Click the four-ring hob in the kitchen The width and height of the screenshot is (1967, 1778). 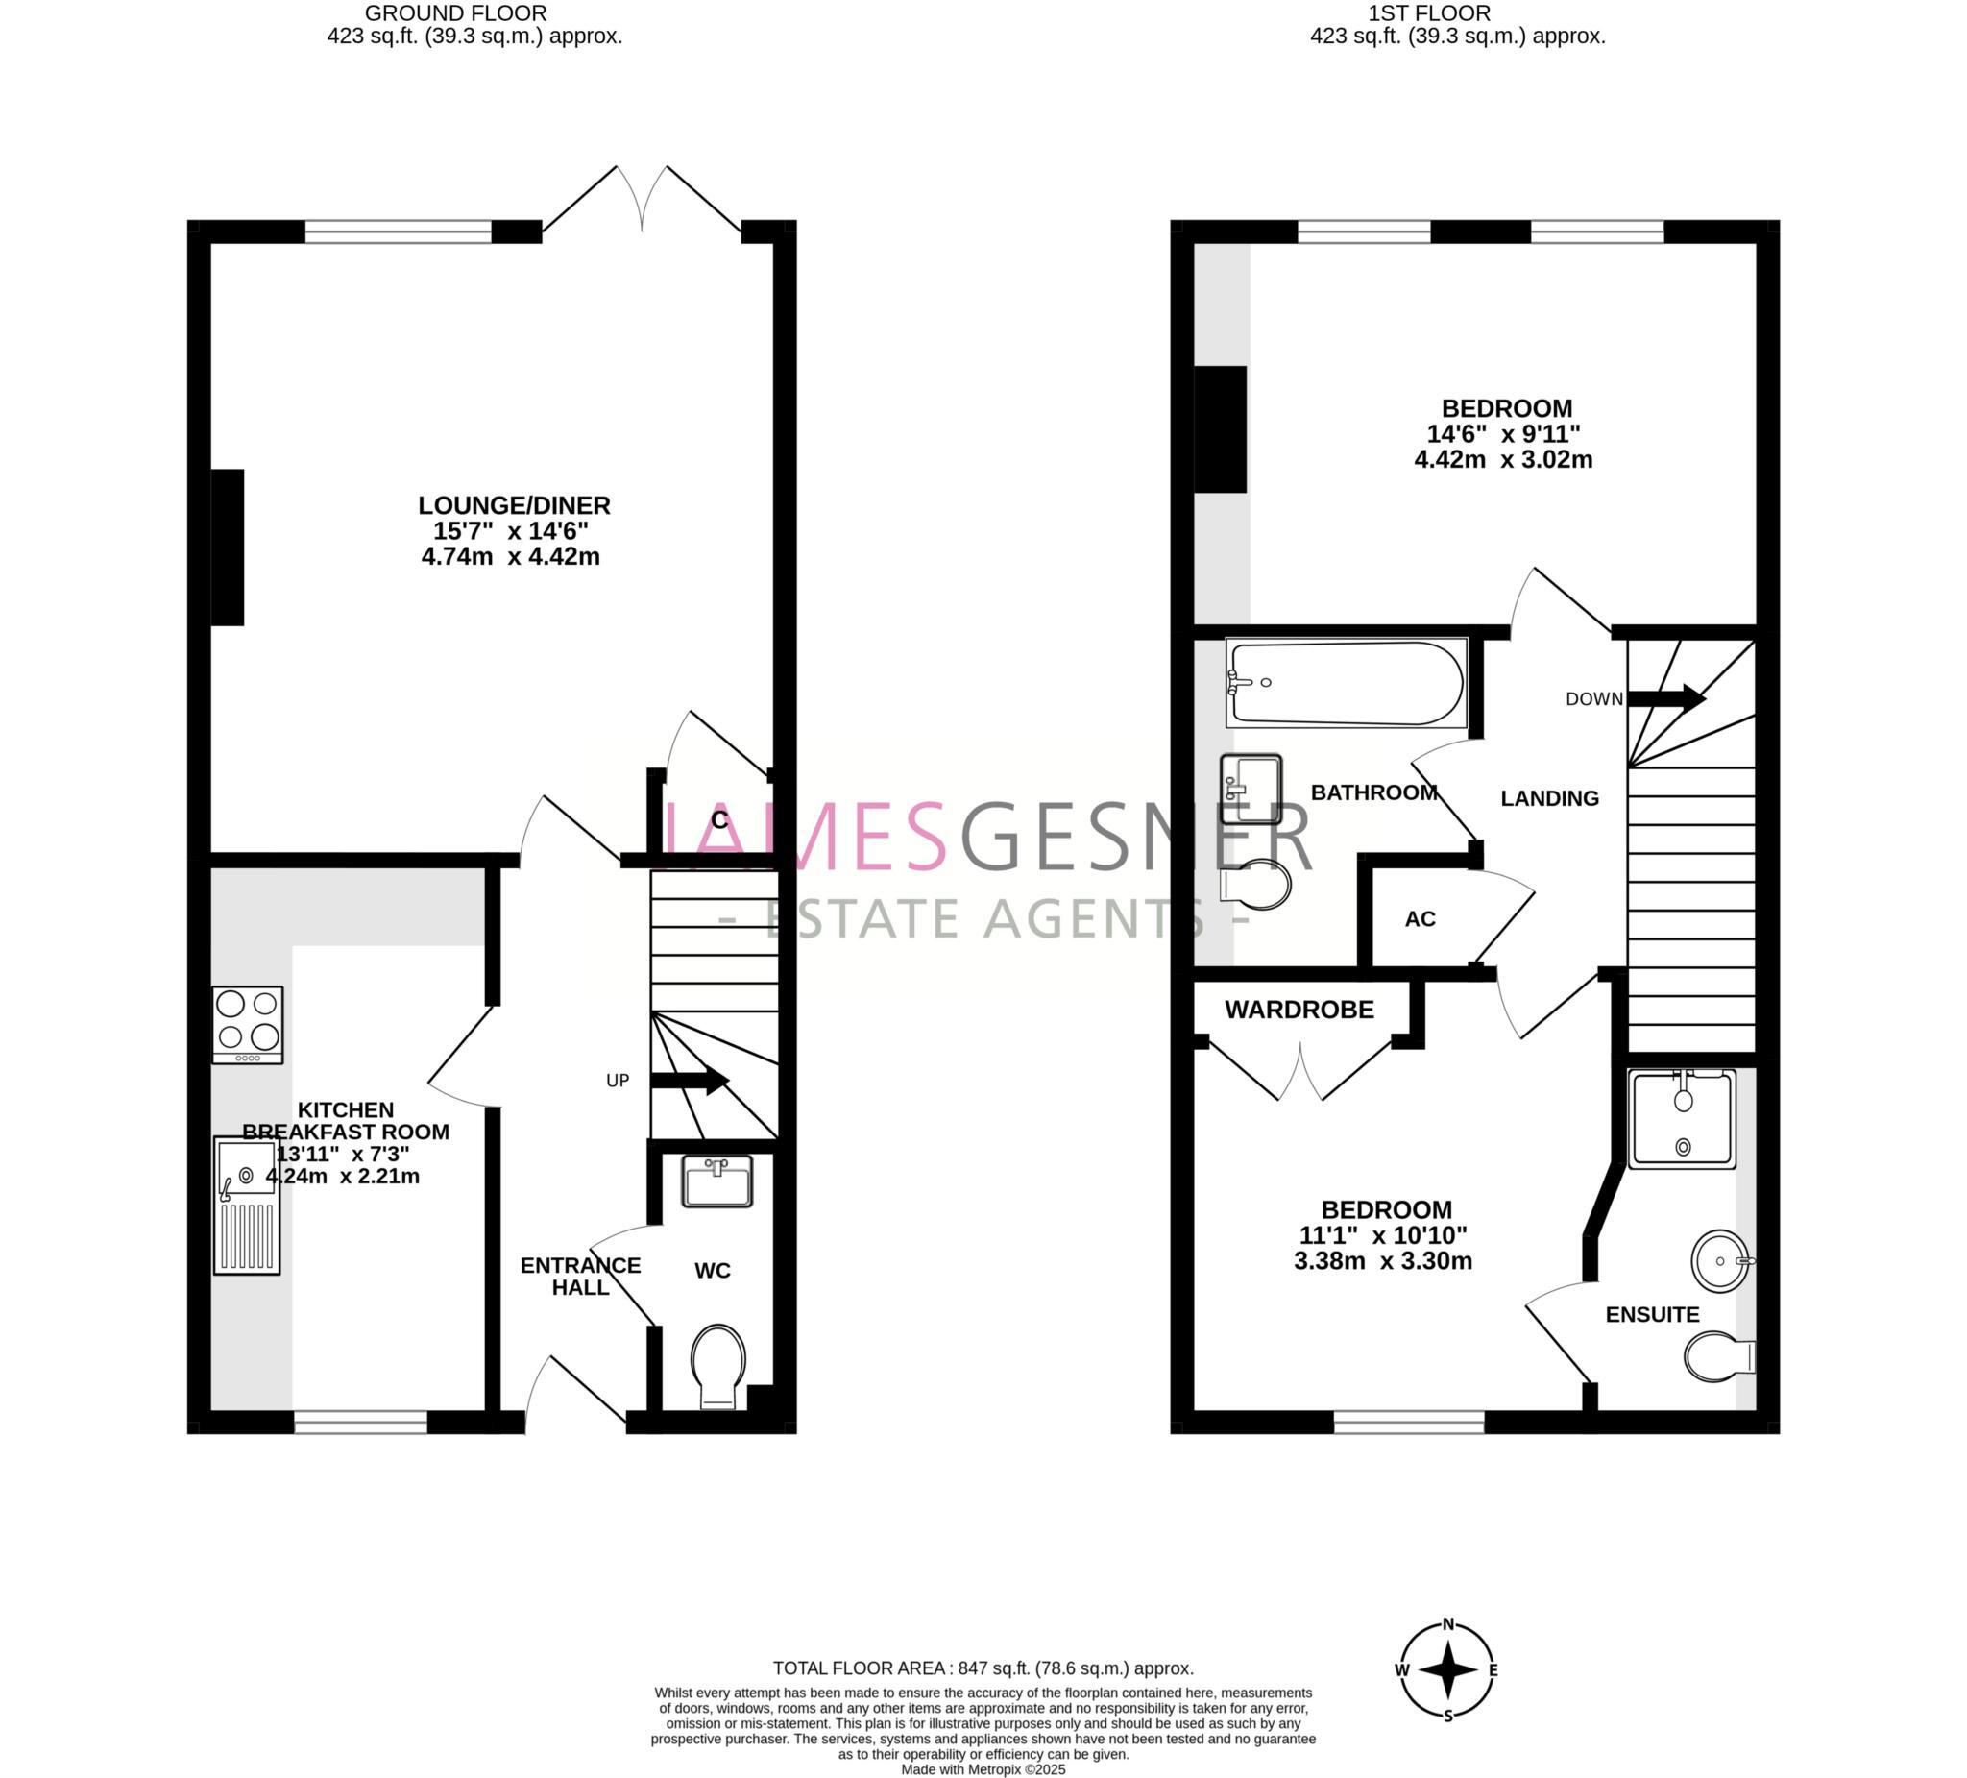point(248,1024)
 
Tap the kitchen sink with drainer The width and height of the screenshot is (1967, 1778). point(247,1206)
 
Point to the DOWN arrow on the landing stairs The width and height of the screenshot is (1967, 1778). point(1665,698)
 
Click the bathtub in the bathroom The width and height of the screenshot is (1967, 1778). point(1347,683)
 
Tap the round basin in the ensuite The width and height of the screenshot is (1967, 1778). point(1720,1261)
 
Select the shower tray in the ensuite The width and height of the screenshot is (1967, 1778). point(1682,1118)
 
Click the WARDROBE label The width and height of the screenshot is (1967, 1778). point(1299,1010)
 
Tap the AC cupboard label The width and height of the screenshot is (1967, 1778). point(1420,919)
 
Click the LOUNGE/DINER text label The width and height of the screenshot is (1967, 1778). point(514,505)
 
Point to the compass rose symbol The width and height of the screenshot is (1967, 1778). point(1448,1669)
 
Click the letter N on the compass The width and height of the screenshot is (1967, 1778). point(1449,1623)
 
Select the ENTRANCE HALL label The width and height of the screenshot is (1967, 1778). point(579,1277)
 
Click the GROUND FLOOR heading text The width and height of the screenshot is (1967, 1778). point(455,13)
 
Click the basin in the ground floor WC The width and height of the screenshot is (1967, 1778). point(717,1181)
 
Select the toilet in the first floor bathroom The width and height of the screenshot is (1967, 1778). point(1257,884)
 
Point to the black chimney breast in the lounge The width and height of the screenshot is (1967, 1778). point(228,548)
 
